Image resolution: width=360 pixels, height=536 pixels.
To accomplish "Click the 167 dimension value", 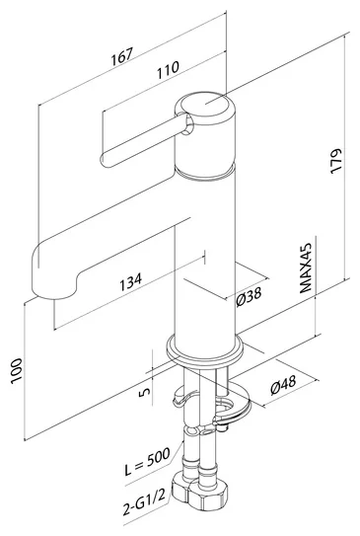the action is [121, 56].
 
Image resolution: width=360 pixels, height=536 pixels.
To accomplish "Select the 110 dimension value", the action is [168, 70].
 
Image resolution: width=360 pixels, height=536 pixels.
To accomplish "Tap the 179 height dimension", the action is [336, 161].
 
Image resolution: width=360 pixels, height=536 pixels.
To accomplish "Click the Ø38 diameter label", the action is [249, 296].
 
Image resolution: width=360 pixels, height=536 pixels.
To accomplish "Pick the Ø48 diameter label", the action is [283, 385].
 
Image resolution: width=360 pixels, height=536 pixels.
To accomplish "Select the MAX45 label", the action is [306, 268].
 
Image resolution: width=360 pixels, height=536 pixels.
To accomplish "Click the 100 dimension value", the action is [17, 371].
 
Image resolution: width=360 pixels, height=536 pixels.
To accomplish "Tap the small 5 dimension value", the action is [144, 392].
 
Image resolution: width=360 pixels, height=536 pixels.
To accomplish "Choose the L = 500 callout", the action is [147, 462].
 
